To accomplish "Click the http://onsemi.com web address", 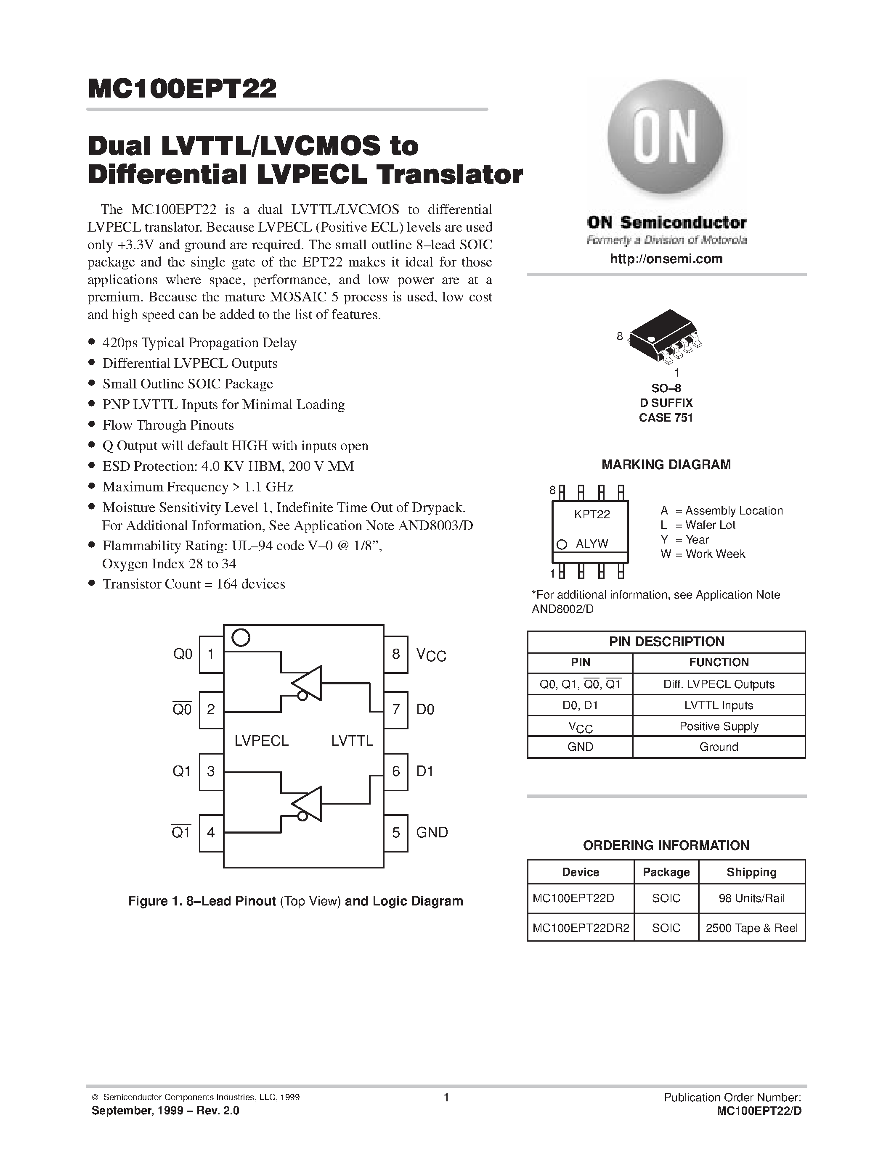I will [666, 259].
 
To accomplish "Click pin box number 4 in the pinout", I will [211, 833].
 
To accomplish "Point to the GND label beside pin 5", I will [432, 833].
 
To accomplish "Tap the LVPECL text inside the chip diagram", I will [262, 741].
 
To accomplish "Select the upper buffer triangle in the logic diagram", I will [310, 683].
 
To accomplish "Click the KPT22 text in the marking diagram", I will [592, 515].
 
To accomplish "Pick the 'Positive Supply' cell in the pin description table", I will [719, 726].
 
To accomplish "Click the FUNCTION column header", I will [719, 662].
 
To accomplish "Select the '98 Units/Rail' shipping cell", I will [751, 898].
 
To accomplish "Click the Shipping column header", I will [751, 872].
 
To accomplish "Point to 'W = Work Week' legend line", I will [703, 554].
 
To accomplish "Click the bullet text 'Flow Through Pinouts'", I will [168, 425].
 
